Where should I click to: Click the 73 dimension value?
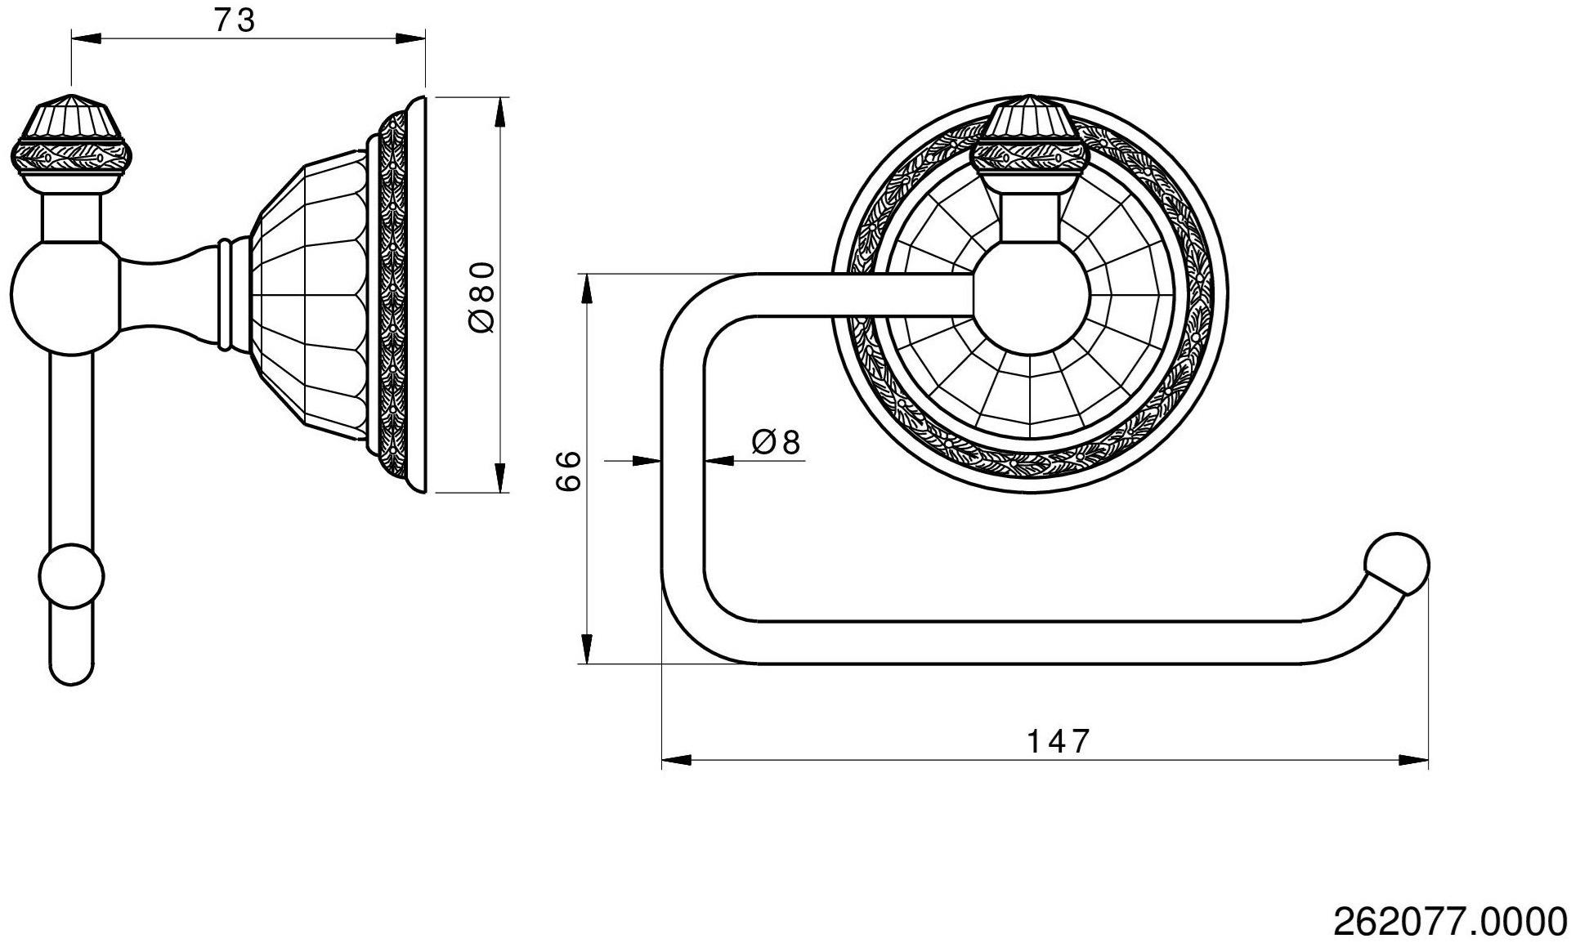(235, 20)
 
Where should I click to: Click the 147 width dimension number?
(1058, 741)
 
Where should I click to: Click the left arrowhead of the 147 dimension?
(677, 760)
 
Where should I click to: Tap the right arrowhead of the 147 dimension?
(1413, 760)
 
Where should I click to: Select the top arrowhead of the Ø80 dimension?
(502, 113)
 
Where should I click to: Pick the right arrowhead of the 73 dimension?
(411, 37)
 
